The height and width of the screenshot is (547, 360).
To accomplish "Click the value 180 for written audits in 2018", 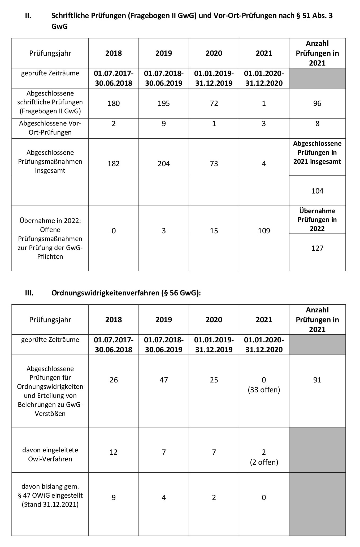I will (114, 103).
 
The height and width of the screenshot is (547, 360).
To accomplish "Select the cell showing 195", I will (164, 103).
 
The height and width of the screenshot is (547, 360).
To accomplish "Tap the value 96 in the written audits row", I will (317, 103).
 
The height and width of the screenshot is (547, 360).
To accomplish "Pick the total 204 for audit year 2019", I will (164, 163).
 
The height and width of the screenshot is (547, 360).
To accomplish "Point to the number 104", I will (317, 191).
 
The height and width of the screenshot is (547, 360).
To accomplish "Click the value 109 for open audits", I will (264, 231).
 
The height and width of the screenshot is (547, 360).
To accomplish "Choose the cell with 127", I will (317, 248).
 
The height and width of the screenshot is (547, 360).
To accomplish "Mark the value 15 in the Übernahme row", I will (214, 231).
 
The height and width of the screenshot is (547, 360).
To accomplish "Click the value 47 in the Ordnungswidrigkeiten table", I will (164, 380).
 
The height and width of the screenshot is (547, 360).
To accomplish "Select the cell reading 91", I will (317, 380).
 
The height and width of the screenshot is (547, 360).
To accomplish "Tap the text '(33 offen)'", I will (264, 390).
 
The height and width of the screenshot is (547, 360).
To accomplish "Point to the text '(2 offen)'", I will (264, 462).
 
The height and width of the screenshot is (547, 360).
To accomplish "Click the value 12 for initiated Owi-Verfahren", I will (114, 452).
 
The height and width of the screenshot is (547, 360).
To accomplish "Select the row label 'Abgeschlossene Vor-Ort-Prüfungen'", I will (50, 128).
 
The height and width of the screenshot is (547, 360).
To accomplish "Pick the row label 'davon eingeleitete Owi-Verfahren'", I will (50, 454).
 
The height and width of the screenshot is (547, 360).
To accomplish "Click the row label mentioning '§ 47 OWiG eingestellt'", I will (50, 495).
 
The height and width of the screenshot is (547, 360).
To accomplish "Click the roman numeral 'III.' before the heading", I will (29, 293).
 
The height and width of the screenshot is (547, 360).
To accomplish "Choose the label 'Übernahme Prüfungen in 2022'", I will (317, 219).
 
